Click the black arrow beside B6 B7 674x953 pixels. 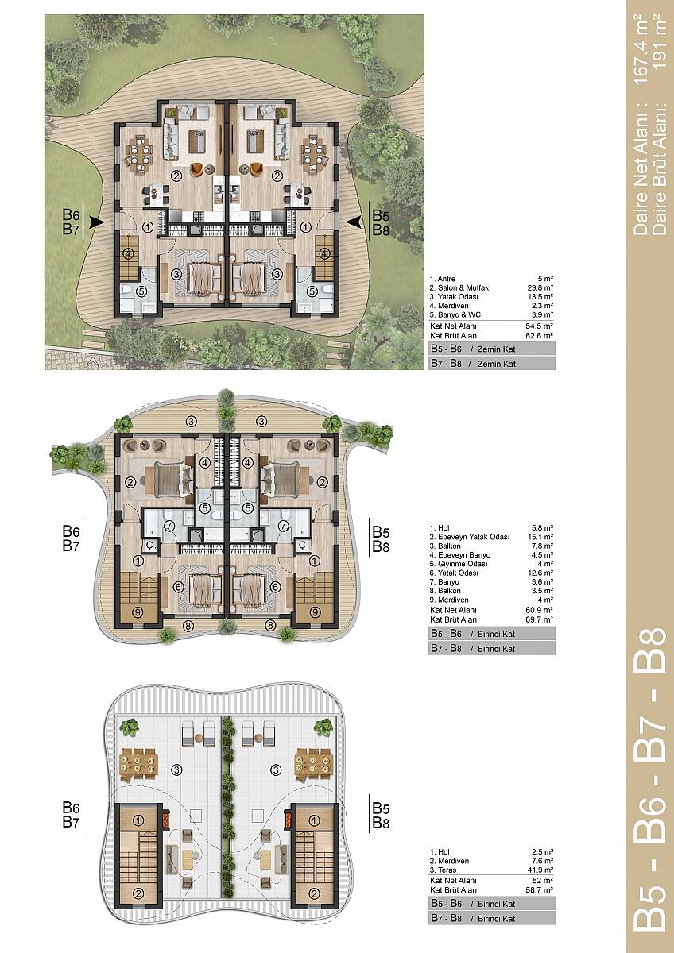coord(98,222)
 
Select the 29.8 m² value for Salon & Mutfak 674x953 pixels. coord(540,287)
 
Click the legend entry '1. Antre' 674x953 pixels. coord(443,279)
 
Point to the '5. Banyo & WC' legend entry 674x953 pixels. coord(455,314)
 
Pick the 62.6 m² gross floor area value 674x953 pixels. coord(540,335)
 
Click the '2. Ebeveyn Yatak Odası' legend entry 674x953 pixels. coord(470,537)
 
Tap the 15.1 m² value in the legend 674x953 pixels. coord(540,537)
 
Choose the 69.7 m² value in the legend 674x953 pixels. coord(540,619)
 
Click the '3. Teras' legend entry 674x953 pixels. coord(444,870)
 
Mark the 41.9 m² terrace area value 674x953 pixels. coord(540,870)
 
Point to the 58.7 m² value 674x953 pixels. coord(540,889)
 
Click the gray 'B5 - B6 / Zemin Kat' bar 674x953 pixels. coord(492,349)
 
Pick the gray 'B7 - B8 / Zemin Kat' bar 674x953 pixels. coord(492,364)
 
